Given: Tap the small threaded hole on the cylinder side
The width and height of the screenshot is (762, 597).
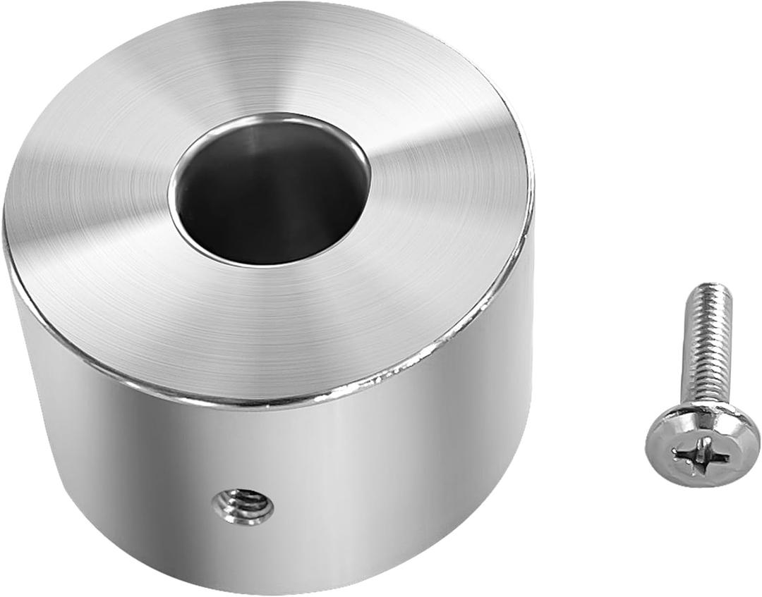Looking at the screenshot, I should point(243,505).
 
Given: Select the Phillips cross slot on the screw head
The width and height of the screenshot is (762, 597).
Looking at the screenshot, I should point(700,455).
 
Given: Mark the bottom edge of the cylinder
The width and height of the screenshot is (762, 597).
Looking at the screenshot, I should point(282,591).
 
